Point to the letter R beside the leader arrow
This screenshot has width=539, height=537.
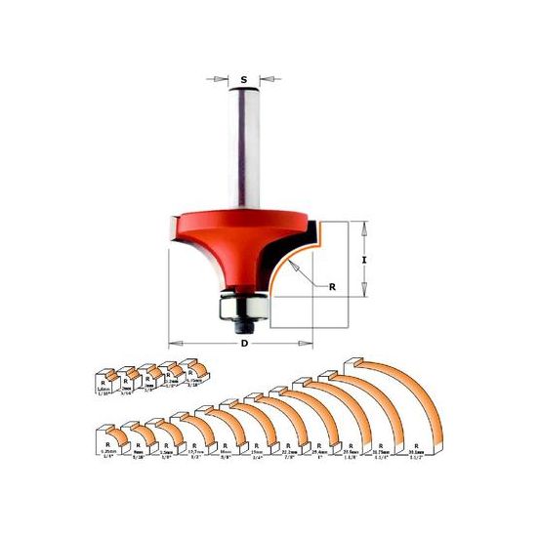click(x=332, y=288)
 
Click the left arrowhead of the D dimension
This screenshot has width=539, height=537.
click(x=173, y=343)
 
